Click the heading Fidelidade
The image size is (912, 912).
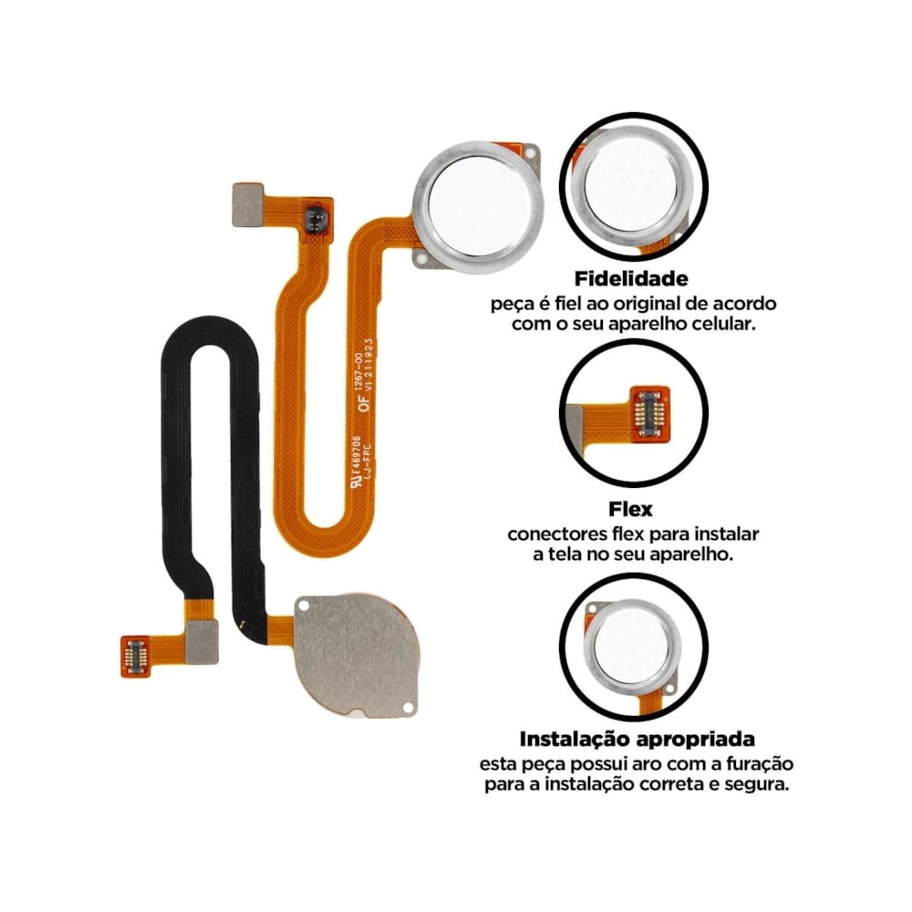point(631,279)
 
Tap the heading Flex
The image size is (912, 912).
point(630,510)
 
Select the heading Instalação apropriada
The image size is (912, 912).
point(637,740)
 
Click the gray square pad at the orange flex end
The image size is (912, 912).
point(248,204)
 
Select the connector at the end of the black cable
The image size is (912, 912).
point(135,656)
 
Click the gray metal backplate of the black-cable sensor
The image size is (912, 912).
point(356,654)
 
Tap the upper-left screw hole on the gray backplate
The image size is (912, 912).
point(303,606)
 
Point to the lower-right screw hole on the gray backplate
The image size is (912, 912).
point(408,708)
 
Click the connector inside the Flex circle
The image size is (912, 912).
point(650,413)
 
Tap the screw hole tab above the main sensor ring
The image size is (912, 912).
point(529,152)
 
